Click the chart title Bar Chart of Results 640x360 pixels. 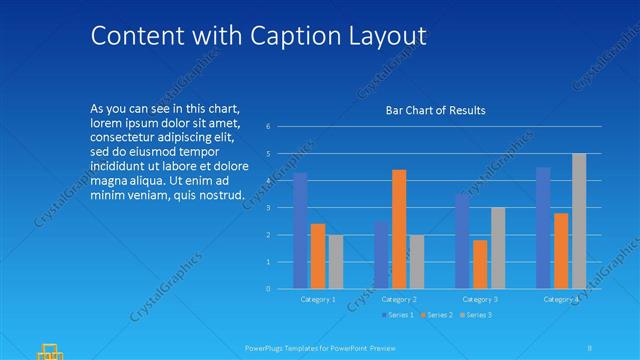(x=435, y=110)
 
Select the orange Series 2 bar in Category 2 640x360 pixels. (x=399, y=229)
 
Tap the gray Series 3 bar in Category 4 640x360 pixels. (x=579, y=221)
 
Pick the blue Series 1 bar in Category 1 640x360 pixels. (x=300, y=231)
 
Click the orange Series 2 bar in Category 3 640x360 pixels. (x=480, y=264)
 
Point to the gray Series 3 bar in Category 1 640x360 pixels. (x=336, y=262)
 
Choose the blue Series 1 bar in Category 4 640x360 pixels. (x=543, y=228)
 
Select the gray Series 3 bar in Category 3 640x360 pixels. (x=498, y=248)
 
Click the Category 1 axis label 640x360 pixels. (x=318, y=299)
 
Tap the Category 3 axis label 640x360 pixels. (x=480, y=299)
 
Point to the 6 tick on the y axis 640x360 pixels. (x=268, y=127)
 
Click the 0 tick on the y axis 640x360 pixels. (x=268, y=289)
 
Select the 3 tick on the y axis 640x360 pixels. (x=268, y=208)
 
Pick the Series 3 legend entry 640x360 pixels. (x=477, y=315)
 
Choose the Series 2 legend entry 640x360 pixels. (x=437, y=315)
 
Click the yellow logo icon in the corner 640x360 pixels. (x=49, y=350)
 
